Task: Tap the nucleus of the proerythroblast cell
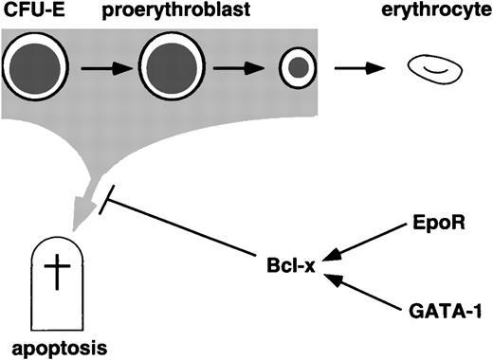[x=172, y=68]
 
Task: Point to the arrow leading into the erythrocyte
[x=357, y=69]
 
